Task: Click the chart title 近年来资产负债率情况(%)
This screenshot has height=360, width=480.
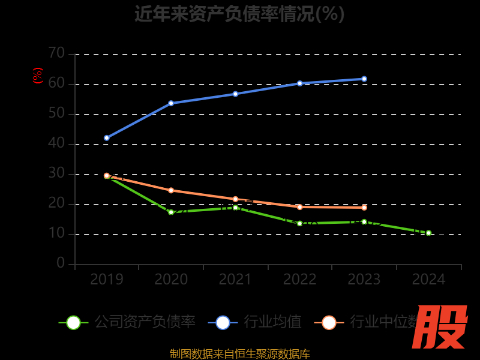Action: tap(239, 13)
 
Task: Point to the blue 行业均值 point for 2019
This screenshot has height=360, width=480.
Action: tap(107, 138)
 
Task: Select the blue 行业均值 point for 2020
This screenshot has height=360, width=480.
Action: tap(171, 103)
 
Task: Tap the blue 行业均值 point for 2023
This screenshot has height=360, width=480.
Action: tap(364, 79)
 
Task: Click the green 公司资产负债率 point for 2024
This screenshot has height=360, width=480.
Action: tap(428, 233)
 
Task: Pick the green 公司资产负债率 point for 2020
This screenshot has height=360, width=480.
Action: tap(171, 212)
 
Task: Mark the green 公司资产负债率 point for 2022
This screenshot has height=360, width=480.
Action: tap(300, 223)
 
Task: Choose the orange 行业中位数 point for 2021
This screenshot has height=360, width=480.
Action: tap(235, 199)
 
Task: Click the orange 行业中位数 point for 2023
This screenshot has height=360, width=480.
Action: tap(364, 208)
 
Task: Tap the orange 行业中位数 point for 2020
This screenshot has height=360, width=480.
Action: tap(171, 190)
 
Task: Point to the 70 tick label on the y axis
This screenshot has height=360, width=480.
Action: tap(56, 53)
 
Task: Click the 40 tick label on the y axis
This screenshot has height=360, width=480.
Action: tap(56, 143)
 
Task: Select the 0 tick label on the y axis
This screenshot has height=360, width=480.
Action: tap(61, 263)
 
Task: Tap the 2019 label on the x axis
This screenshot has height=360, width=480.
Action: tap(107, 280)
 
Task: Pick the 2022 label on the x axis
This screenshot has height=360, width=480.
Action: tap(300, 280)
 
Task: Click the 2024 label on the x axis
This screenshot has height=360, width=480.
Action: tap(428, 280)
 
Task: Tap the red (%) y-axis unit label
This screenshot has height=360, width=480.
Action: tap(38, 76)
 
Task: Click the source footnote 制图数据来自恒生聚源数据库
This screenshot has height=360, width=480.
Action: tap(240, 353)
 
